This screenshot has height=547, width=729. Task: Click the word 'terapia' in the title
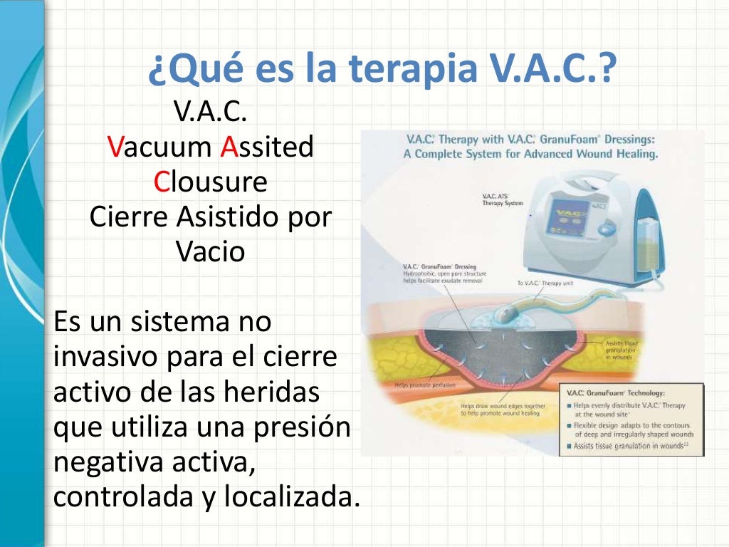[x=411, y=69]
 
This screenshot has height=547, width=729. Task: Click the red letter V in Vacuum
[x=115, y=147]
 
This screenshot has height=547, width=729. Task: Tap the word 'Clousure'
[x=211, y=182]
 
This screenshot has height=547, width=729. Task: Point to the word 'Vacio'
[x=210, y=251]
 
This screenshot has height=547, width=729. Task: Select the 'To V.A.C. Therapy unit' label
[x=546, y=283]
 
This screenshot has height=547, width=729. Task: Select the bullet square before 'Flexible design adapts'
[x=570, y=425]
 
